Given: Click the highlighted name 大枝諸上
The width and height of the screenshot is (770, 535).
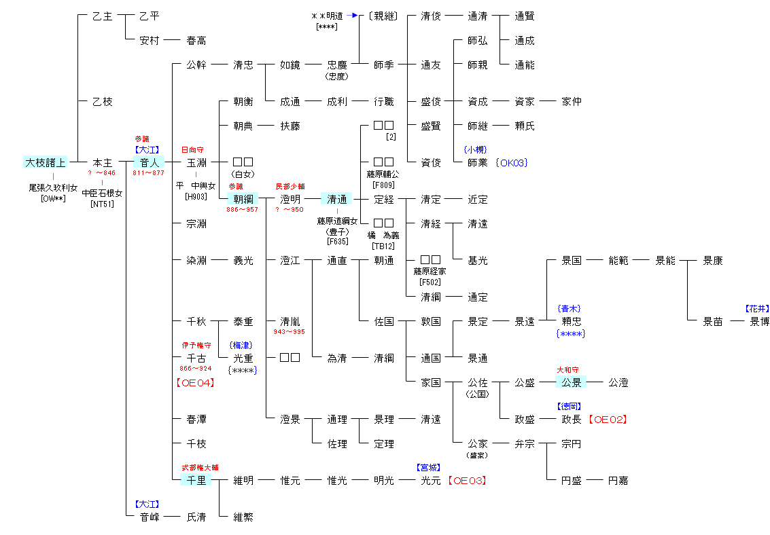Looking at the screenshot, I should pos(45,163).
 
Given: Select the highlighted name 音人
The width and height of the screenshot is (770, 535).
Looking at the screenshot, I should pos(150,163).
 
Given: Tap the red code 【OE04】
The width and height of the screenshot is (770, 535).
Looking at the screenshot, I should pos(196,383).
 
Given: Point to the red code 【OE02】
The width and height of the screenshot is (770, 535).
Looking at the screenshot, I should pos(607,420).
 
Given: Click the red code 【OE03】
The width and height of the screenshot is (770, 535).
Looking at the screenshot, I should pos(467,481).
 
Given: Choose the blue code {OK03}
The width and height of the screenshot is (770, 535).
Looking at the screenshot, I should pos(512,163).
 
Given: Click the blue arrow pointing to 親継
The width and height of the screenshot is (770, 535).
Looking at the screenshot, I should pos(351,15).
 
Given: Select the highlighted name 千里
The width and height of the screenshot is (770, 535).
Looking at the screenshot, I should pos(196,481).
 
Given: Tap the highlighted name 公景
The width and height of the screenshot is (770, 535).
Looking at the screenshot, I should pos(571,383).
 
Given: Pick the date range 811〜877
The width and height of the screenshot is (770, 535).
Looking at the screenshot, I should pos(149,173).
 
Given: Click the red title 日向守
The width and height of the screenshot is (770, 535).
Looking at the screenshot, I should pos(192,149).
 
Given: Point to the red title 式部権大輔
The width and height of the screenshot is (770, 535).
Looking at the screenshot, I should pos(200,468).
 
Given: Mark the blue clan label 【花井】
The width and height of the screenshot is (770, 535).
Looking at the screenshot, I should pos(757,308).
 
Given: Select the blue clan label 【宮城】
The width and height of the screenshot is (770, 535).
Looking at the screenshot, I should pos(428,468).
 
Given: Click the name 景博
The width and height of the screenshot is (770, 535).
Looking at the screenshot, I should pos(759,322).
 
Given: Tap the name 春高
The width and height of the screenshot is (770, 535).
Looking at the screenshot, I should pos(196,41).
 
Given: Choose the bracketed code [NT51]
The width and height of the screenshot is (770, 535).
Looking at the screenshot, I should pos(102,203).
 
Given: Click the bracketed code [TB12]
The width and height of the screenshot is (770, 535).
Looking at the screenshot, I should pos(383,246).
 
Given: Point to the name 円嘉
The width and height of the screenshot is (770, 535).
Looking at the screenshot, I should pos(618,481).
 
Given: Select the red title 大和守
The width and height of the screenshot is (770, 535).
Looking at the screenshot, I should pos(568,370).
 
